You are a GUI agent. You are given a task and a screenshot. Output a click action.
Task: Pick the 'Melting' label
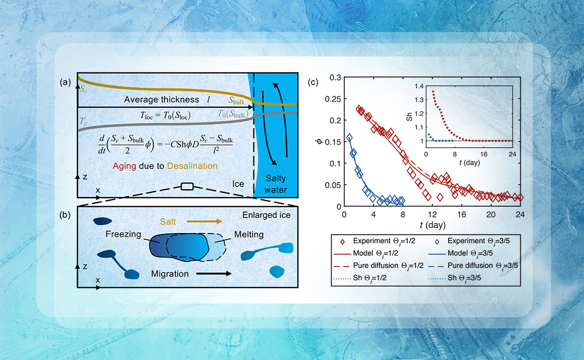coord(249,235)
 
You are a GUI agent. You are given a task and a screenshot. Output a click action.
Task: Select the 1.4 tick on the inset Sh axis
coord(419,87)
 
